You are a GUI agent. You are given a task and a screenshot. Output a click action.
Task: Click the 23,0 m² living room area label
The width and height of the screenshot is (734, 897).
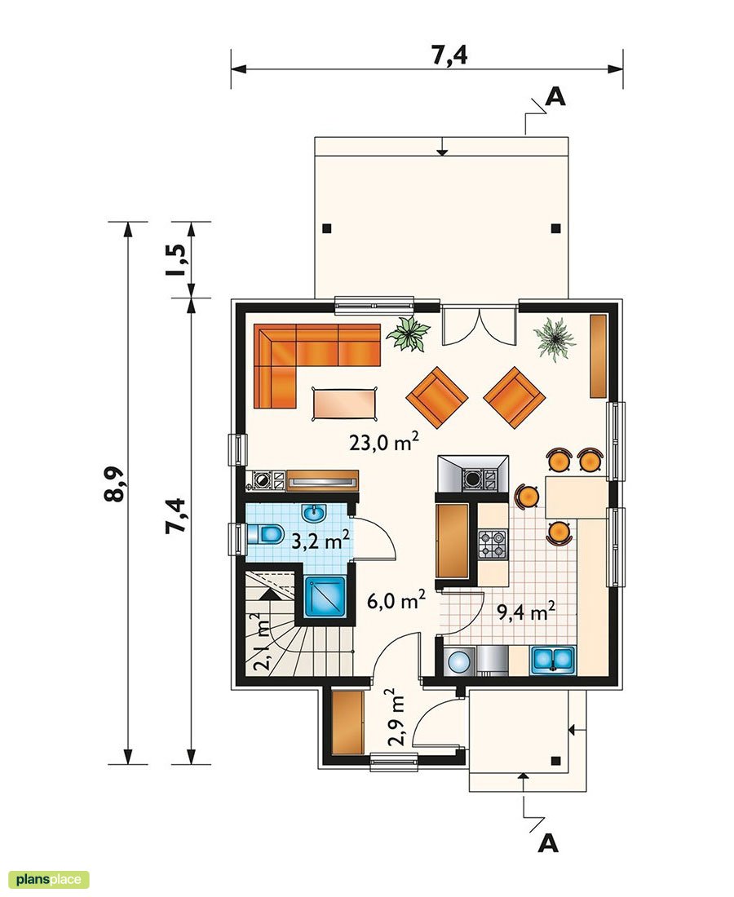[384, 443]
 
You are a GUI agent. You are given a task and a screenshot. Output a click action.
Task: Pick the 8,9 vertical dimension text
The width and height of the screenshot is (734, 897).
[114, 484]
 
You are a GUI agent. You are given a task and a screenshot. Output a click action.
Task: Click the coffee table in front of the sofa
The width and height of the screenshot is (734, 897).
[345, 402]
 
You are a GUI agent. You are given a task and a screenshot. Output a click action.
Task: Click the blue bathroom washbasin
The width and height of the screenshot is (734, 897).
[314, 513]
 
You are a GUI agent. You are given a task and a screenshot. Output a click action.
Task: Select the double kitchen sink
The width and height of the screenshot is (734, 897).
[554, 660]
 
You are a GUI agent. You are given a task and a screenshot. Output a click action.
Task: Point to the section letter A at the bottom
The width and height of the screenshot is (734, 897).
[549, 842]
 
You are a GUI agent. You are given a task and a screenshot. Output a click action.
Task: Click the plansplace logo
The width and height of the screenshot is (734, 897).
[45, 880]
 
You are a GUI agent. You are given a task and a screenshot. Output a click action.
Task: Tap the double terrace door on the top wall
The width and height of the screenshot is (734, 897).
[479, 325]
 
